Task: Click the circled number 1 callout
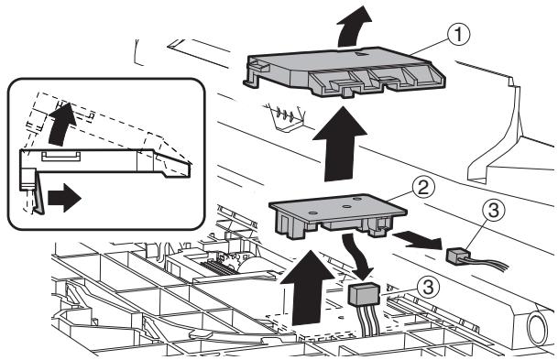(458, 35)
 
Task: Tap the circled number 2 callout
(423, 188)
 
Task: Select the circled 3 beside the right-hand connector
(493, 211)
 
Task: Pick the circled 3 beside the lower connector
(428, 287)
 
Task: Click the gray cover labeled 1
(344, 71)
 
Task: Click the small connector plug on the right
(458, 256)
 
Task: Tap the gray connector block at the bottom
(364, 294)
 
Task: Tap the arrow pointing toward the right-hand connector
(418, 239)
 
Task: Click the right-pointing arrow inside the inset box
(64, 198)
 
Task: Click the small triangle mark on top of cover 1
(361, 53)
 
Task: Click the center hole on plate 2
(346, 206)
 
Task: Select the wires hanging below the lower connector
(367, 321)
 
